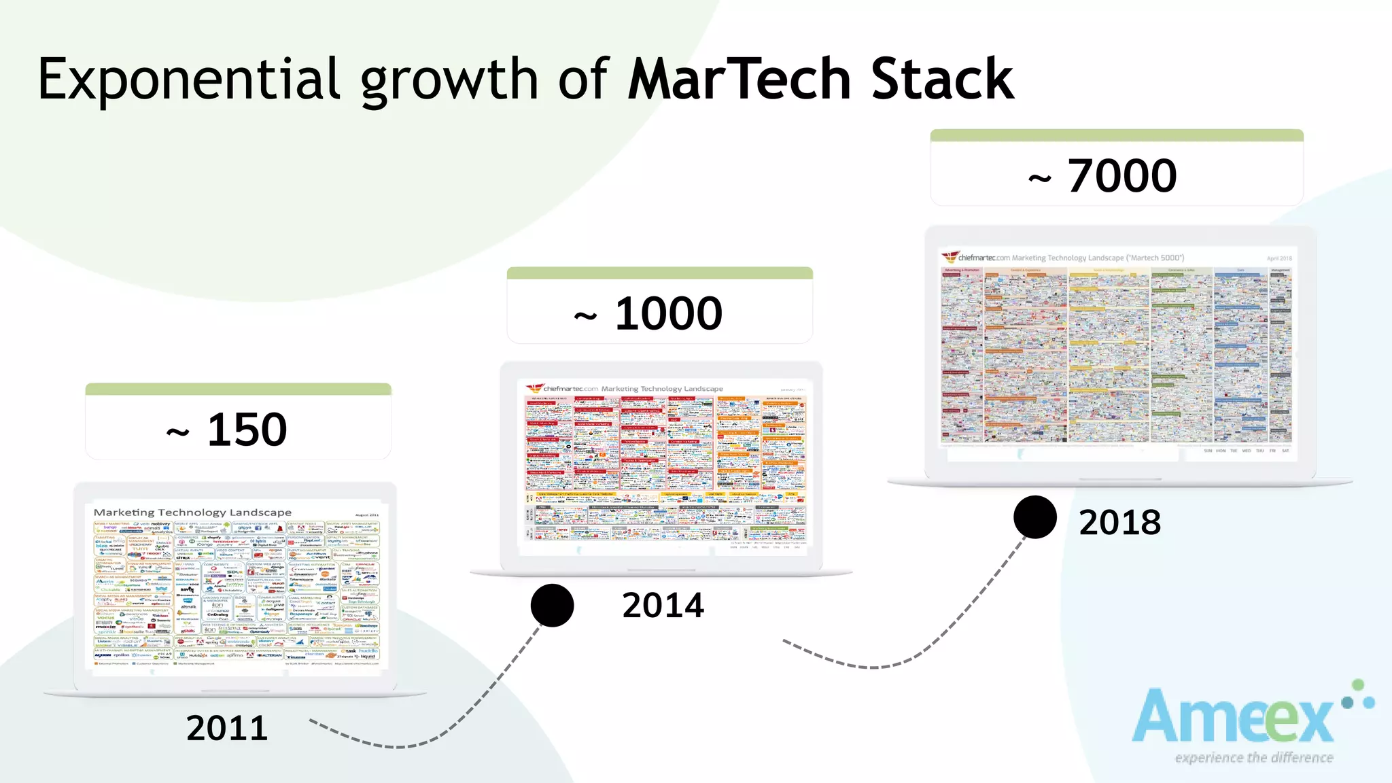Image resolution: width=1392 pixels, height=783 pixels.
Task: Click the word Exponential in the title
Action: (x=189, y=80)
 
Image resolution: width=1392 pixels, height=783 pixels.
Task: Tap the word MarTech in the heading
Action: (x=739, y=80)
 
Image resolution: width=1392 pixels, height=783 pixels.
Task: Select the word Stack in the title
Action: (x=942, y=80)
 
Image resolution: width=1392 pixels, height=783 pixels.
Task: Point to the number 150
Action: (x=247, y=430)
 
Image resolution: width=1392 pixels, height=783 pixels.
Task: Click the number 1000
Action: (x=669, y=313)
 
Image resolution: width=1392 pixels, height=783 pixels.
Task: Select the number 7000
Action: (x=1122, y=175)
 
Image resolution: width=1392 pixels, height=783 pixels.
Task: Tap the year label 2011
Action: (x=227, y=728)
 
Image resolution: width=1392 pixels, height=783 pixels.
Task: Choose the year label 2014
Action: (x=663, y=605)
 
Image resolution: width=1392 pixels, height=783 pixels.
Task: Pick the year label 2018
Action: (x=1120, y=522)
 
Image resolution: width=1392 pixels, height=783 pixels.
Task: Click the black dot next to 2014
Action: (x=552, y=605)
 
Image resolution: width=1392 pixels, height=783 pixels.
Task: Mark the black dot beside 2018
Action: (x=1034, y=517)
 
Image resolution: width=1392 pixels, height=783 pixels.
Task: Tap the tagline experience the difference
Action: (x=1254, y=757)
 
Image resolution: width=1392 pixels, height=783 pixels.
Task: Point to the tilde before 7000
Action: (x=1040, y=179)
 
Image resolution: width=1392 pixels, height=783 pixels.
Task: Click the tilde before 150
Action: (x=178, y=432)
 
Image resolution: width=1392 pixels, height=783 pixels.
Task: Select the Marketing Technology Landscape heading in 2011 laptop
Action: (x=192, y=512)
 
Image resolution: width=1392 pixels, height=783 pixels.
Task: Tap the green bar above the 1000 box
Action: (x=659, y=273)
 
